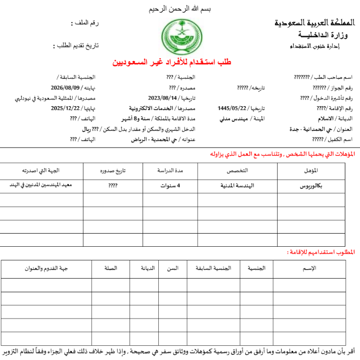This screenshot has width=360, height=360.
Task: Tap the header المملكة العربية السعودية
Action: point(313,23)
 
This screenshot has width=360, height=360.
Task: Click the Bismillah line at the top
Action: point(181,9)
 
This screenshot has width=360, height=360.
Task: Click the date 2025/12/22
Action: point(65,108)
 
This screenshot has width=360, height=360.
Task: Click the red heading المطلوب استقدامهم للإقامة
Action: point(321,251)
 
